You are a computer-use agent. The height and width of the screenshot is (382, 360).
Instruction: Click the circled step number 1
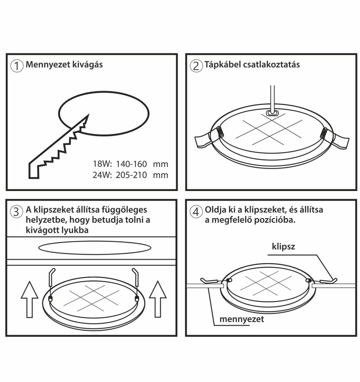(17, 66)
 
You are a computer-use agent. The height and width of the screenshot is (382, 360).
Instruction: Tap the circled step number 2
(196, 66)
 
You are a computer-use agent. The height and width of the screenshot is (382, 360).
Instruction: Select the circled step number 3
(17, 212)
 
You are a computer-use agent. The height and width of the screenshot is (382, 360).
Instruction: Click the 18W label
(102, 164)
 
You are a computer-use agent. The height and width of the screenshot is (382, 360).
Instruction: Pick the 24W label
(102, 174)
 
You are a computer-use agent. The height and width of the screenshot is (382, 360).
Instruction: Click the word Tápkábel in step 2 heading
(221, 65)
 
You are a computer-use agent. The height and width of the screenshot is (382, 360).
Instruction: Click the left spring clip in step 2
(219, 132)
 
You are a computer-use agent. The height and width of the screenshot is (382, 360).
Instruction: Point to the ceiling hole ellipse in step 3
(95, 248)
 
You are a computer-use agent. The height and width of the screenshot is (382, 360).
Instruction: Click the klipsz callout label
(283, 246)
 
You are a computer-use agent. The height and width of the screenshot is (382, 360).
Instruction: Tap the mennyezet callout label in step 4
(242, 319)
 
